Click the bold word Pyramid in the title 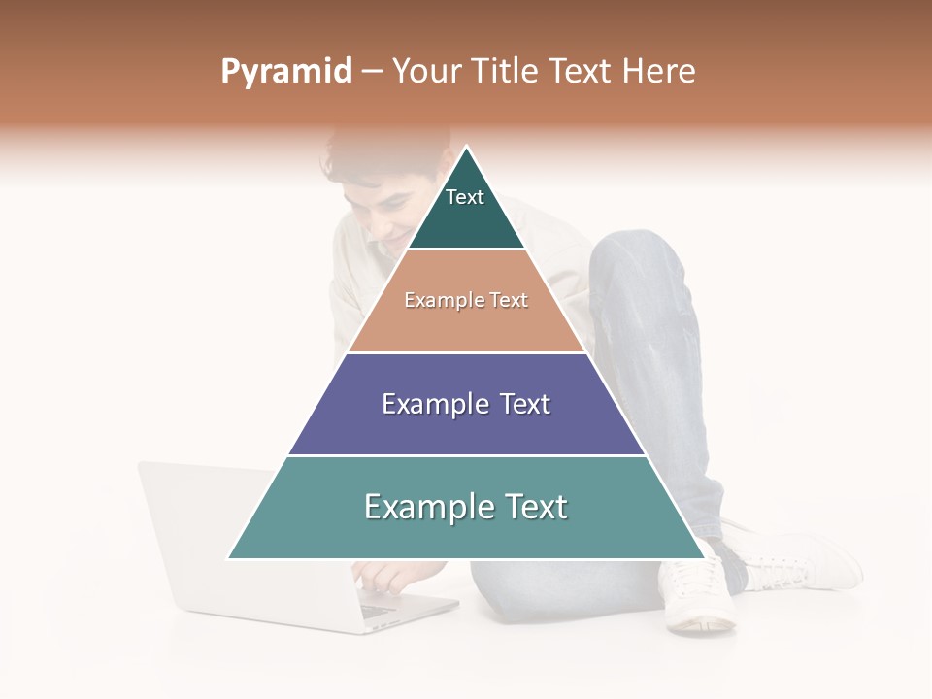[286, 72]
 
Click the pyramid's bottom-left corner [230, 557]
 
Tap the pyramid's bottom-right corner [703, 557]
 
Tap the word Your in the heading [427, 72]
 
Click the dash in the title [372, 72]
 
